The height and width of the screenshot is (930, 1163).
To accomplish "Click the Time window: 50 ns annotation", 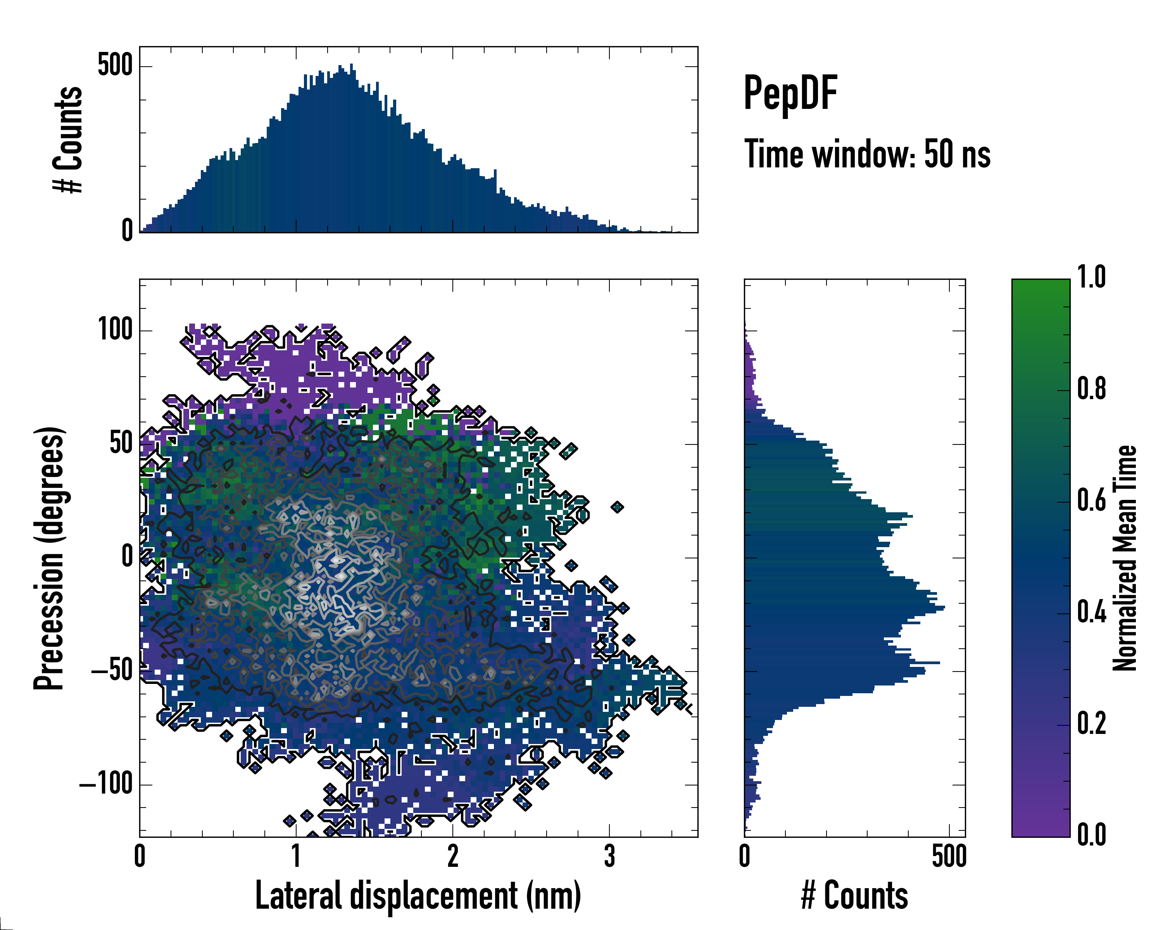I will pyautogui.click(x=867, y=154).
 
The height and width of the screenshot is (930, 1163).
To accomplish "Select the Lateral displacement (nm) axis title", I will pyautogui.click(x=418, y=896).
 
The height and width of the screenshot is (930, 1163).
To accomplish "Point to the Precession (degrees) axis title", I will pyautogui.click(x=50, y=558).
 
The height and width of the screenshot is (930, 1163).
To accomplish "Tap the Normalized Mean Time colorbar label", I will pyautogui.click(x=1125, y=558).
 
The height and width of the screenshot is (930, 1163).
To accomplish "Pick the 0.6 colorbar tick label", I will pyautogui.click(x=1091, y=500).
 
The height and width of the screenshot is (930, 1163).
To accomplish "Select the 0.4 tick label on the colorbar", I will pyautogui.click(x=1091, y=612).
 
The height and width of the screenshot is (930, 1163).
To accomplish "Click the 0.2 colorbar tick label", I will pyautogui.click(x=1091, y=723).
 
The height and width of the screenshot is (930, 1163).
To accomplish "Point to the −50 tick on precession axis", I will pyautogui.click(x=112, y=671).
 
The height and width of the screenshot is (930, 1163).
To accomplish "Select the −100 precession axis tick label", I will pyautogui.click(x=106, y=784).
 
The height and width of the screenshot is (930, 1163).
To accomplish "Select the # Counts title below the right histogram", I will pyautogui.click(x=854, y=896).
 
